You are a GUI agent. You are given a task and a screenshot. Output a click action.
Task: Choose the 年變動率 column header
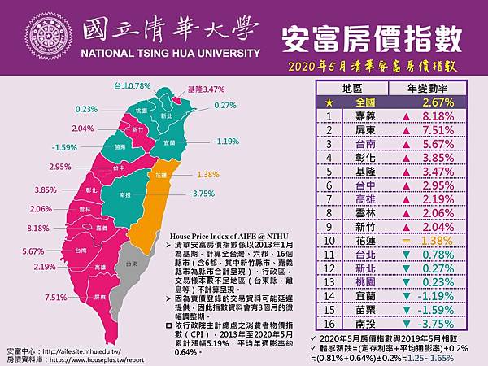point(425,89)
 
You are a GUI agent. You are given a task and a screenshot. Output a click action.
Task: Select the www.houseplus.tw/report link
point(98,357)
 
